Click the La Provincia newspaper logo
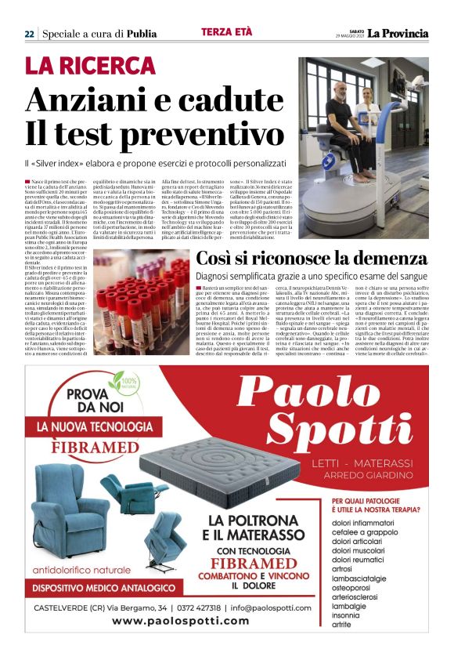pyautogui.click(x=398, y=33)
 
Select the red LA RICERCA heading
pyautogui.click(x=90, y=66)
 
